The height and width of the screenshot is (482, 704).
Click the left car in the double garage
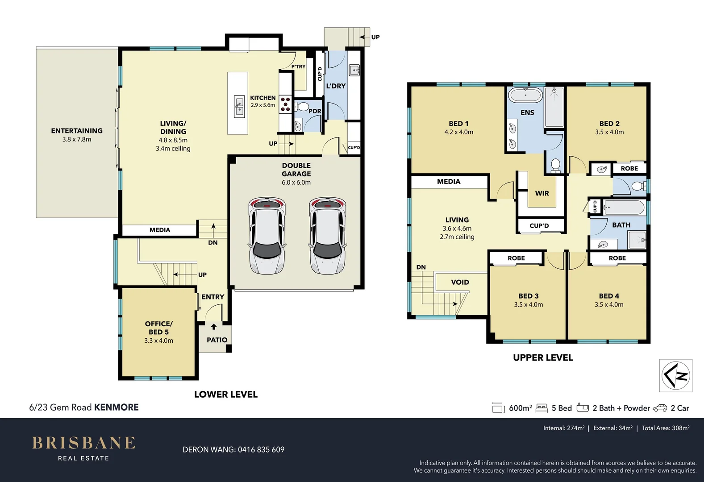click(267, 236)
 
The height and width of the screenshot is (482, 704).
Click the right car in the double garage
click(328, 236)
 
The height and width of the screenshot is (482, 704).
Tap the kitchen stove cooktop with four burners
click(285, 104)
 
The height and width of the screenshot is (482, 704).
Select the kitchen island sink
click(239, 107)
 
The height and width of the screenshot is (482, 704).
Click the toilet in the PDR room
click(303, 107)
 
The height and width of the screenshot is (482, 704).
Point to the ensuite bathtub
click(525, 95)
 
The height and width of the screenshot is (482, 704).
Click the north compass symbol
click(676, 376)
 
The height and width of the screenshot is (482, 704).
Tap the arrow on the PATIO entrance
click(214, 327)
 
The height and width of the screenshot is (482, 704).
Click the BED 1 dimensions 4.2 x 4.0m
click(458, 132)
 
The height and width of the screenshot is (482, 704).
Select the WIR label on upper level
click(542, 193)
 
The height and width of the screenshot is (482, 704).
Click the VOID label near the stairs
click(460, 282)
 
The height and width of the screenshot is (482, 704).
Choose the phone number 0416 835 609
click(261, 449)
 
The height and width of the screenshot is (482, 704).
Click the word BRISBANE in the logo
click(83, 443)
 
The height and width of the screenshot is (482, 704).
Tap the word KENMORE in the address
click(116, 407)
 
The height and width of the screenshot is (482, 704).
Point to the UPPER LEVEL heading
click(543, 357)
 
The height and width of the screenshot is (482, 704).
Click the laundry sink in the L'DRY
click(354, 70)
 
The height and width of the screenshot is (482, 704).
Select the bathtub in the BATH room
click(624, 208)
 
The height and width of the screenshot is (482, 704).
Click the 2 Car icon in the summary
click(660, 408)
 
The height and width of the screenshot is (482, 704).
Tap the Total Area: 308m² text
click(665, 428)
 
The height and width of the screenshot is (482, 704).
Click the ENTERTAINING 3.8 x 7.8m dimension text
click(77, 139)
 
